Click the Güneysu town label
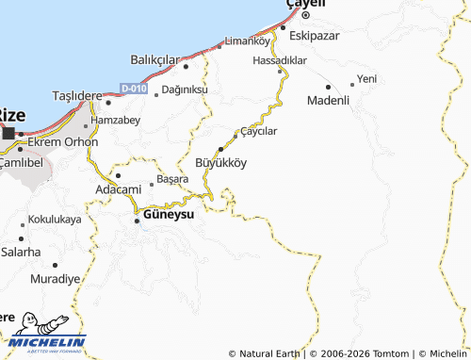[169, 215]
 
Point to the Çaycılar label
[259, 131]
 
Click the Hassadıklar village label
[281, 59]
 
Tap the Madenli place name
[329, 100]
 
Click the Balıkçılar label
[155, 59]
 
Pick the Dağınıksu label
[185, 89]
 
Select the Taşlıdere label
[75, 97]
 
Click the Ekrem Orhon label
[62, 142]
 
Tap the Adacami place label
[119, 189]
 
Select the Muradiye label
[55, 280]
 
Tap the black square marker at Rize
[8, 134]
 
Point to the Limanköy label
[243, 42]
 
